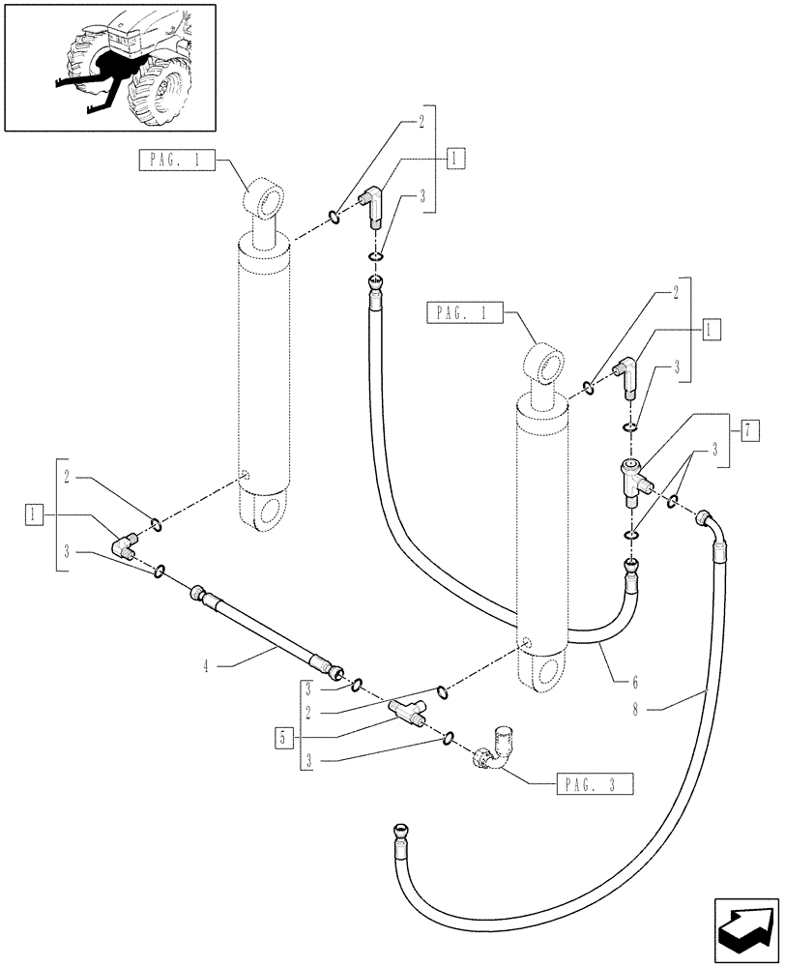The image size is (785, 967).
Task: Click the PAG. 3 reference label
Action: pyautogui.click(x=594, y=785)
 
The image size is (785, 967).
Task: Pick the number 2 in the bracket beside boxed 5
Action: pyautogui.click(x=306, y=714)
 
